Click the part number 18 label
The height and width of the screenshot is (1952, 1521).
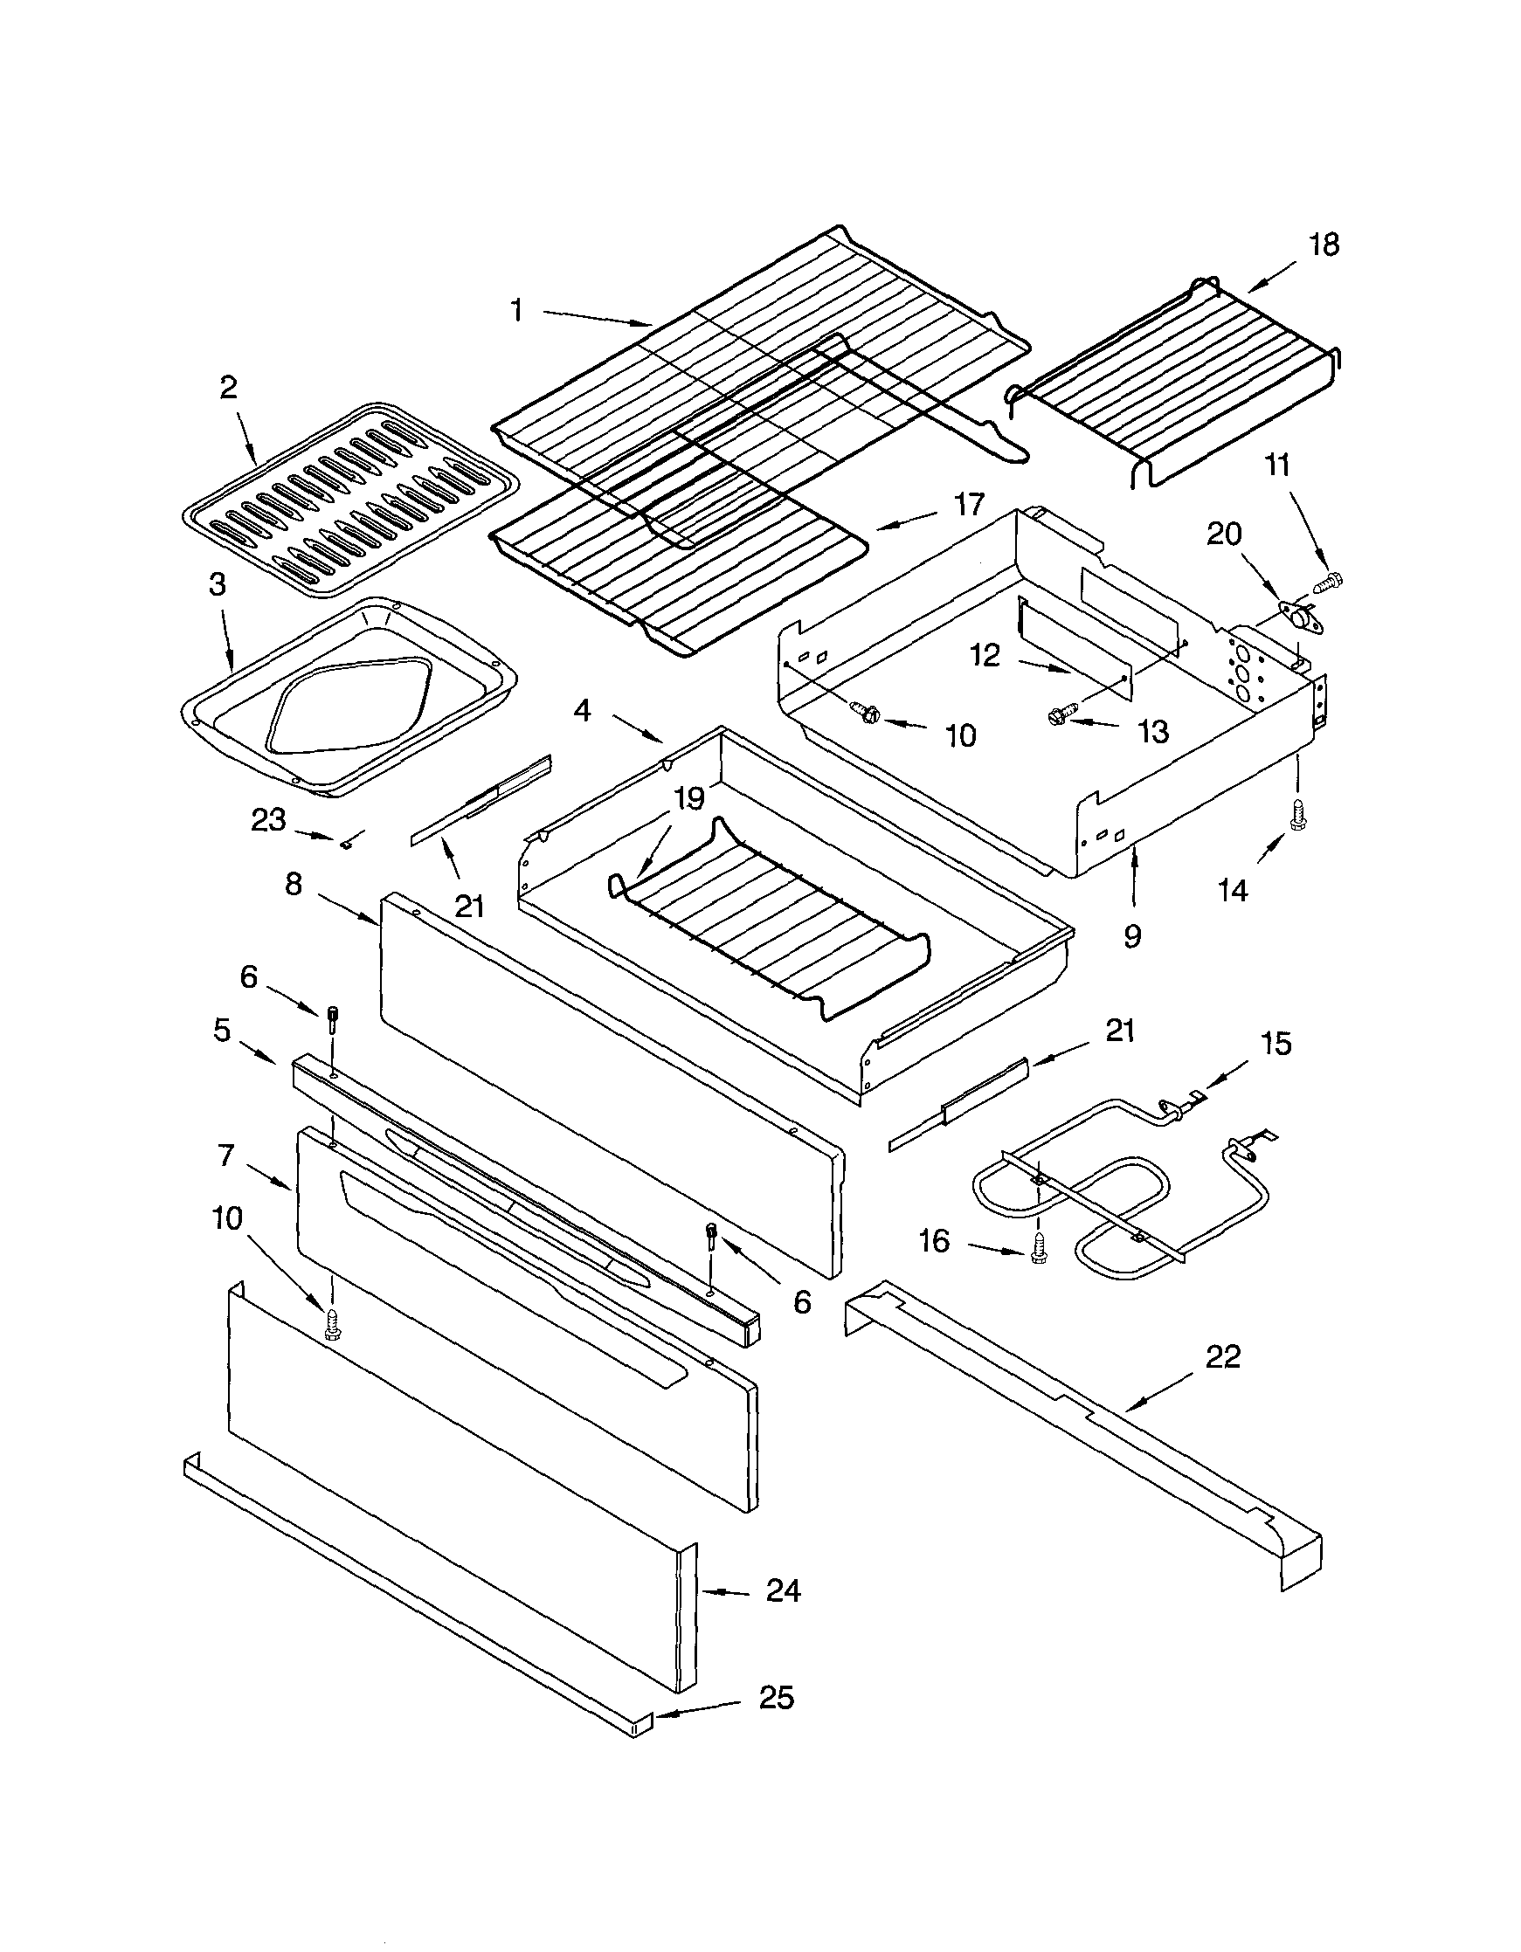[1324, 245]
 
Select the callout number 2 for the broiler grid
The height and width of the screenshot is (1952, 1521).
[228, 387]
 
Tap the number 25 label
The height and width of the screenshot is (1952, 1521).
[776, 1698]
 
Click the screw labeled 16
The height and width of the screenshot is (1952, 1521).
[1037, 1250]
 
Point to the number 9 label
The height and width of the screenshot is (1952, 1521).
[1132, 935]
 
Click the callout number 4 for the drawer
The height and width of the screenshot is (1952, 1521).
[582, 712]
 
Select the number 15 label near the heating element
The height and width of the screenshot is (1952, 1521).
[1276, 1043]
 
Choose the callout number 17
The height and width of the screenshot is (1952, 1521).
[968, 505]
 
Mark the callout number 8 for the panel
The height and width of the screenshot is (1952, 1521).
[294, 884]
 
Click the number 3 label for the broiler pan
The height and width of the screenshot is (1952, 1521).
[218, 585]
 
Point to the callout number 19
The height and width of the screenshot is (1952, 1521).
[689, 798]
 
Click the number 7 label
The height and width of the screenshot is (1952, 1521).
[225, 1155]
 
